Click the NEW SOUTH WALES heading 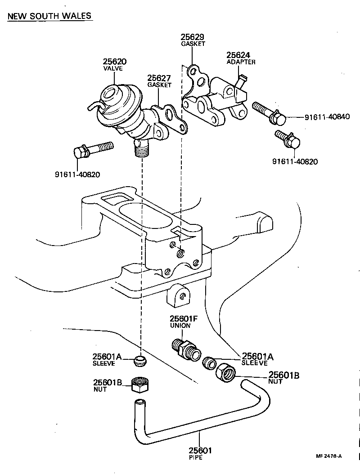point(49,16)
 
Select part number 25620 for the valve point(114,62)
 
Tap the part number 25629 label point(193,37)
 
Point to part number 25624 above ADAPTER point(238,55)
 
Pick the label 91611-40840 point(327,117)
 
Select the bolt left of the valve point(92,150)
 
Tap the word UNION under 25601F point(180,325)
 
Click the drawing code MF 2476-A point(328,456)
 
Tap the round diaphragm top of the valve point(111,94)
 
